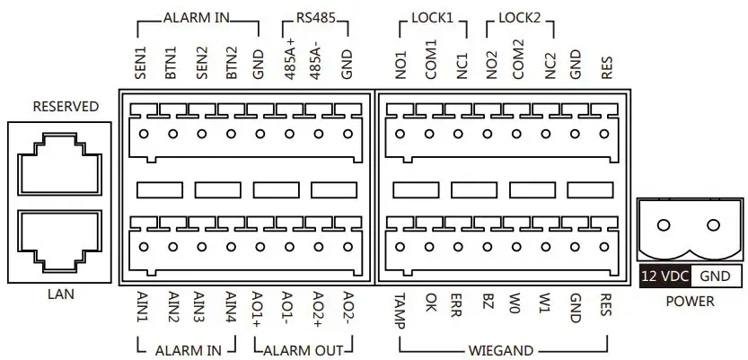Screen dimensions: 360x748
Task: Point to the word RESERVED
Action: tap(66, 107)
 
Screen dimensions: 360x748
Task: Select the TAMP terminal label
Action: tap(400, 310)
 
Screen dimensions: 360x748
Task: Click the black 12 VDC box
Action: tap(664, 276)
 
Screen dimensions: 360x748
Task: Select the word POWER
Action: tap(690, 302)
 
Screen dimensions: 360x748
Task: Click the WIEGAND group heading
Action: tap(501, 349)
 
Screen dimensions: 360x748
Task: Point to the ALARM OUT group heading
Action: tap(303, 349)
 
